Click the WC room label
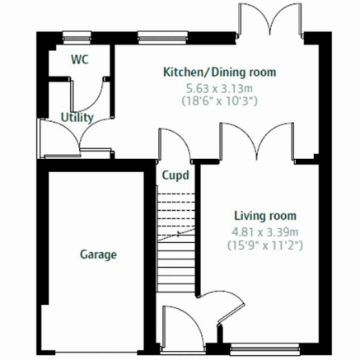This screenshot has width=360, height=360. click(x=80, y=59)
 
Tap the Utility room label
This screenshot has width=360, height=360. click(x=77, y=118)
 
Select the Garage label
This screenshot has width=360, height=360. click(x=98, y=255)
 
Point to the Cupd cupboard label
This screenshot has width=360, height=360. click(x=175, y=175)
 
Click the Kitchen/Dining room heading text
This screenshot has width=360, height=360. click(x=220, y=72)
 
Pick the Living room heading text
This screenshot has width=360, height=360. click(x=265, y=216)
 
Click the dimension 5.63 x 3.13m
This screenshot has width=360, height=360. click(x=219, y=89)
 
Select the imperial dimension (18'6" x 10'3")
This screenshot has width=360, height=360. click(x=220, y=101)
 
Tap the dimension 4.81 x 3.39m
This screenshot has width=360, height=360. click(x=265, y=232)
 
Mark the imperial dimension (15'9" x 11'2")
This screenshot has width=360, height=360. click(x=265, y=245)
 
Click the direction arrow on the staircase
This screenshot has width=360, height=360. click(x=176, y=235)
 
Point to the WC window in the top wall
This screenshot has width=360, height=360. click(x=77, y=38)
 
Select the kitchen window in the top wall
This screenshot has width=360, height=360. click(x=163, y=38)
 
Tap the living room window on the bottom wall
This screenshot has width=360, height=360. click(x=264, y=349)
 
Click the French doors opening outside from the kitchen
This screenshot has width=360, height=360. click(x=271, y=21)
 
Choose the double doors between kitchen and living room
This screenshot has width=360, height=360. click(x=257, y=141)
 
